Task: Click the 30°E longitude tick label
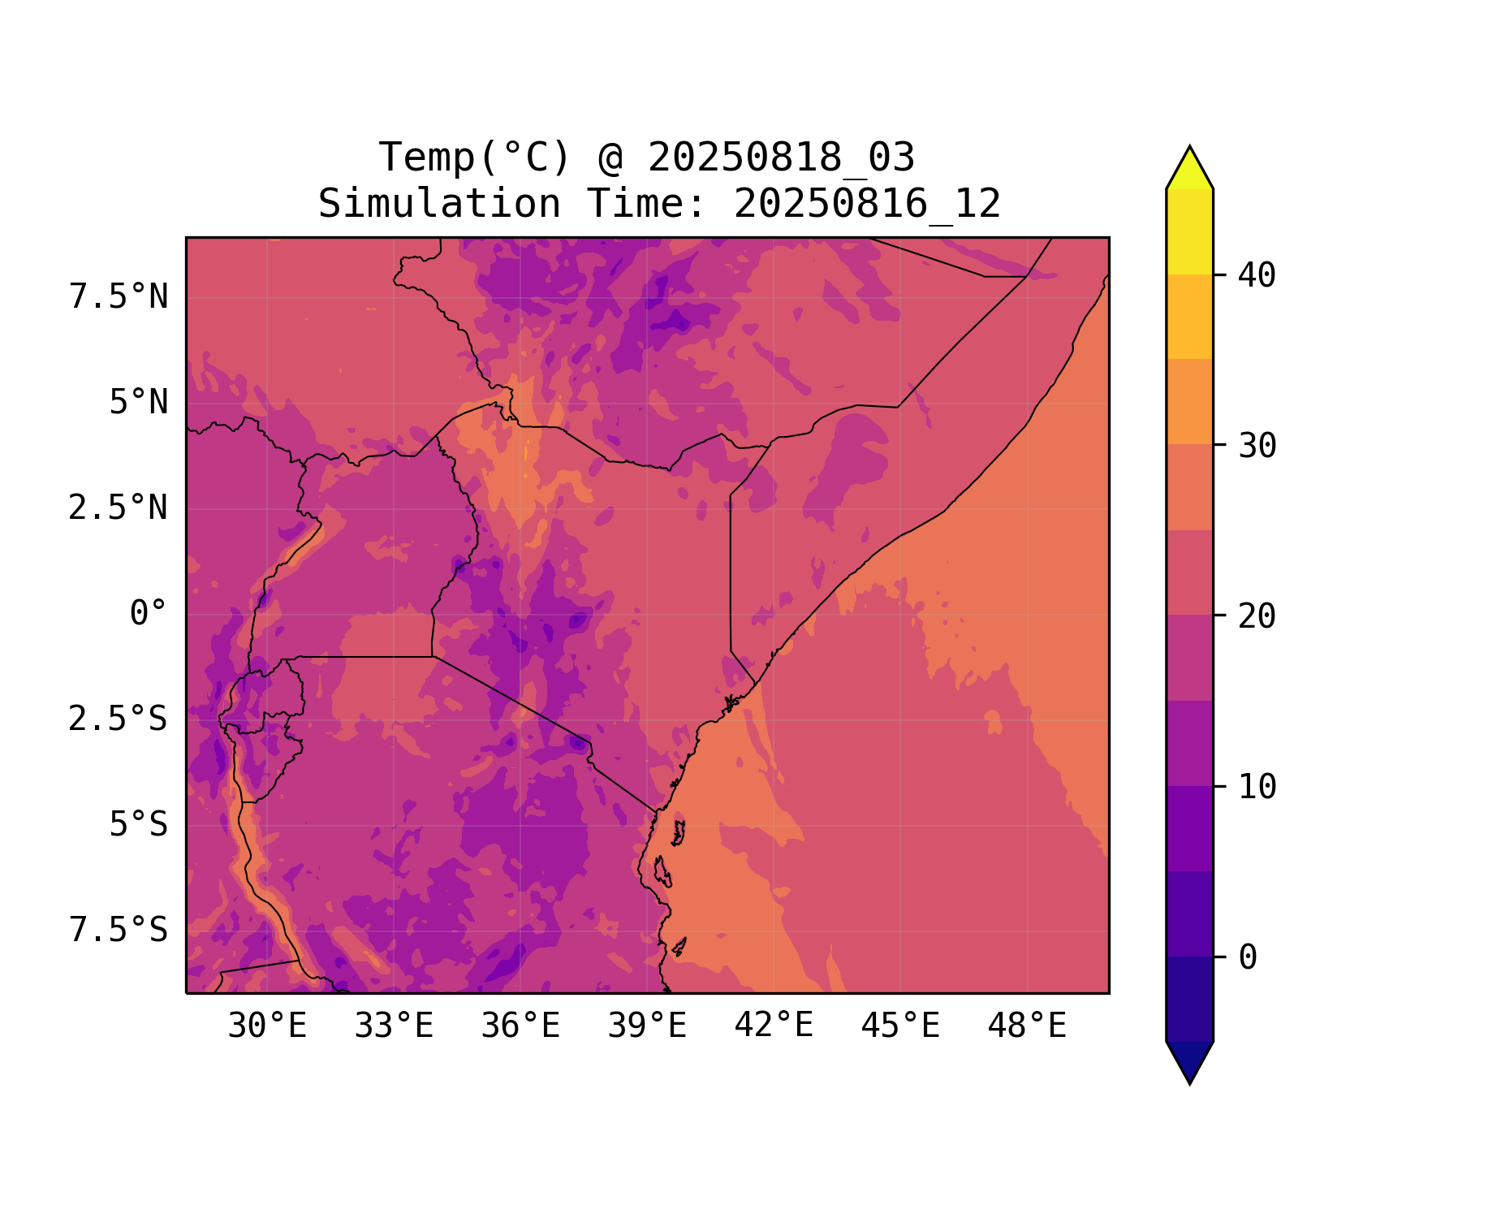point(267,1026)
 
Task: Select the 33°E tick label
point(394,1026)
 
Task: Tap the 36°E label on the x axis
point(520,1026)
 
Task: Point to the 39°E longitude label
point(647,1026)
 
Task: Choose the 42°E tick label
point(774,1026)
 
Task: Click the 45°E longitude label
point(900,1026)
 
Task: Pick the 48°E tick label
point(1027,1026)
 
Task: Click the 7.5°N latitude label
point(119,297)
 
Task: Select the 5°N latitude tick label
point(139,403)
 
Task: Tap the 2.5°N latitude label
point(119,508)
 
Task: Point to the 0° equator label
point(149,614)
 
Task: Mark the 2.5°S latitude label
point(119,719)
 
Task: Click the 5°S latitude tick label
point(139,825)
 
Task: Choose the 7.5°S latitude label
point(119,931)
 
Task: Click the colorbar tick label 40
point(1257,276)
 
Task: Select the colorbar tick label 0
point(1248,958)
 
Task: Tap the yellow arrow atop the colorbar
point(1189,169)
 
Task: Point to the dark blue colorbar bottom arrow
point(1189,1061)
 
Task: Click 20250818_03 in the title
point(781,158)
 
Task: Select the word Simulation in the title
point(439,204)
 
